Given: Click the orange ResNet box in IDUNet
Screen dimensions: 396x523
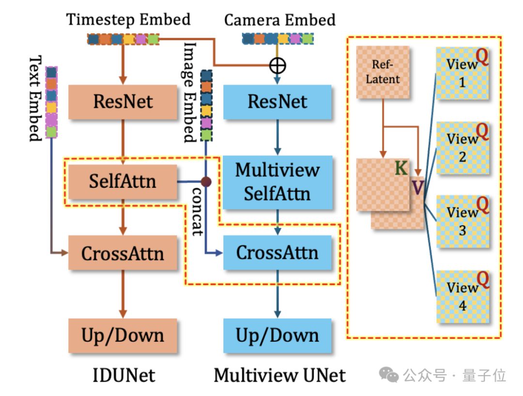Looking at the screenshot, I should [123, 102].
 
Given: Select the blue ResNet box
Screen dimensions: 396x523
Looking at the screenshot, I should [277, 102].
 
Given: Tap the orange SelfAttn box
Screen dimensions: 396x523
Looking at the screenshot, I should [123, 182].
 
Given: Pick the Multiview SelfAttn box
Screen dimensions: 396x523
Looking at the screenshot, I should [277, 182].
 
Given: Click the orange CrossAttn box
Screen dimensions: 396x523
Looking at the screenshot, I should [123, 253].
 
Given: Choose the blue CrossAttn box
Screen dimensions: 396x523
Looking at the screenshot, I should [277, 252].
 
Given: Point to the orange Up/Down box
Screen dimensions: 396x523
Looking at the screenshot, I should [123, 335].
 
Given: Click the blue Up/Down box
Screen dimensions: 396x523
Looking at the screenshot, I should [277, 335].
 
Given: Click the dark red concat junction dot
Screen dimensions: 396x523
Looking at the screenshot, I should [206, 182].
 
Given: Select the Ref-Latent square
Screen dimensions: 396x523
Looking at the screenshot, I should [383, 73].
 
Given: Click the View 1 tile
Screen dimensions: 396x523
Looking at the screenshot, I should [462, 73].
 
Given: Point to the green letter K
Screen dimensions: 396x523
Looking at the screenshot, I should [401, 168].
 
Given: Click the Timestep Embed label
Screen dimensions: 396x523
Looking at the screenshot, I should [128, 20].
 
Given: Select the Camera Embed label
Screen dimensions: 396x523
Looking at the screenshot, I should [279, 20].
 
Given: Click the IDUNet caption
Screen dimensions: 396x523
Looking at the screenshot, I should [124, 375].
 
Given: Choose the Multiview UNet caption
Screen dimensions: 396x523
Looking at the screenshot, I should [280, 375].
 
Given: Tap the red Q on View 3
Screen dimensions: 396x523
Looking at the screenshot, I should [483, 206].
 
